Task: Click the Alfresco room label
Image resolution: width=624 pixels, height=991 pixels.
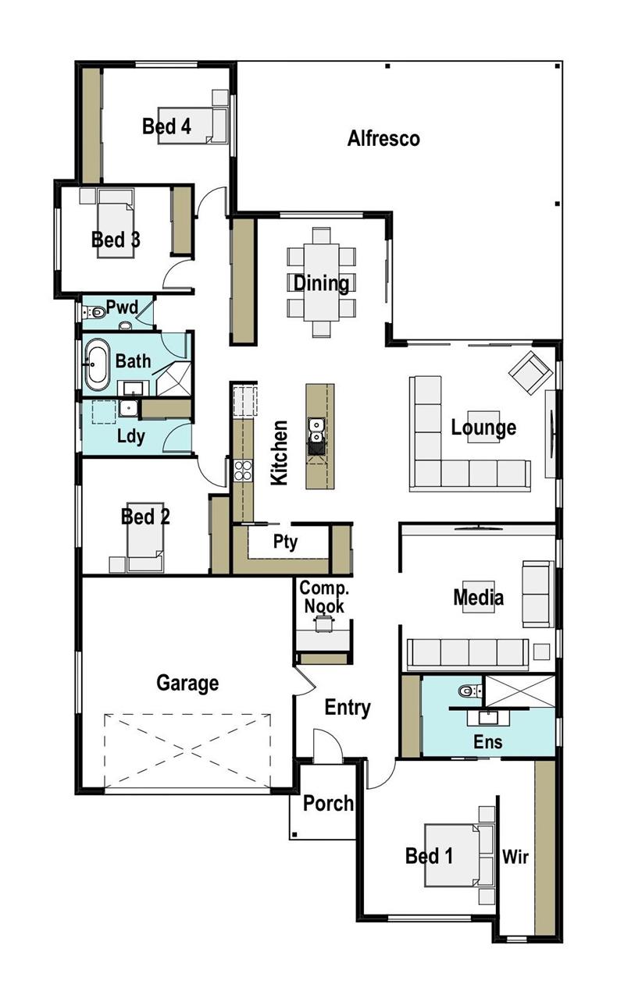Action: pyautogui.click(x=383, y=139)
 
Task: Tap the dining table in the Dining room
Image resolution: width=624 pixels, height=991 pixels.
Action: pyautogui.click(x=322, y=282)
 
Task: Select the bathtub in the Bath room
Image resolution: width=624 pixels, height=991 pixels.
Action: pyautogui.click(x=98, y=364)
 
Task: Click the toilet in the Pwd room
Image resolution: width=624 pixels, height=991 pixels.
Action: pyautogui.click(x=95, y=313)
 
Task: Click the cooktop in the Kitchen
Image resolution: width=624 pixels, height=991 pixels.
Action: pyautogui.click(x=243, y=470)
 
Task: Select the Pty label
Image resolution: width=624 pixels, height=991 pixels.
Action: pyautogui.click(x=285, y=542)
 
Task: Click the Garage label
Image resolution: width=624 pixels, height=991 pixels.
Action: pyautogui.click(x=187, y=684)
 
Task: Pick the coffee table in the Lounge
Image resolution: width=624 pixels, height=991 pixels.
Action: pyautogui.click(x=484, y=426)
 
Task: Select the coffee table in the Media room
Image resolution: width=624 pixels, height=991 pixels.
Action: pyautogui.click(x=479, y=597)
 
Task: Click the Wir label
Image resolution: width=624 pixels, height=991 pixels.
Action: pyautogui.click(x=515, y=858)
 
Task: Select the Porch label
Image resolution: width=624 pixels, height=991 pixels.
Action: pyautogui.click(x=328, y=803)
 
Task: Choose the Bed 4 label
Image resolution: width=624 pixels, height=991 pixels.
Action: pyautogui.click(x=166, y=126)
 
